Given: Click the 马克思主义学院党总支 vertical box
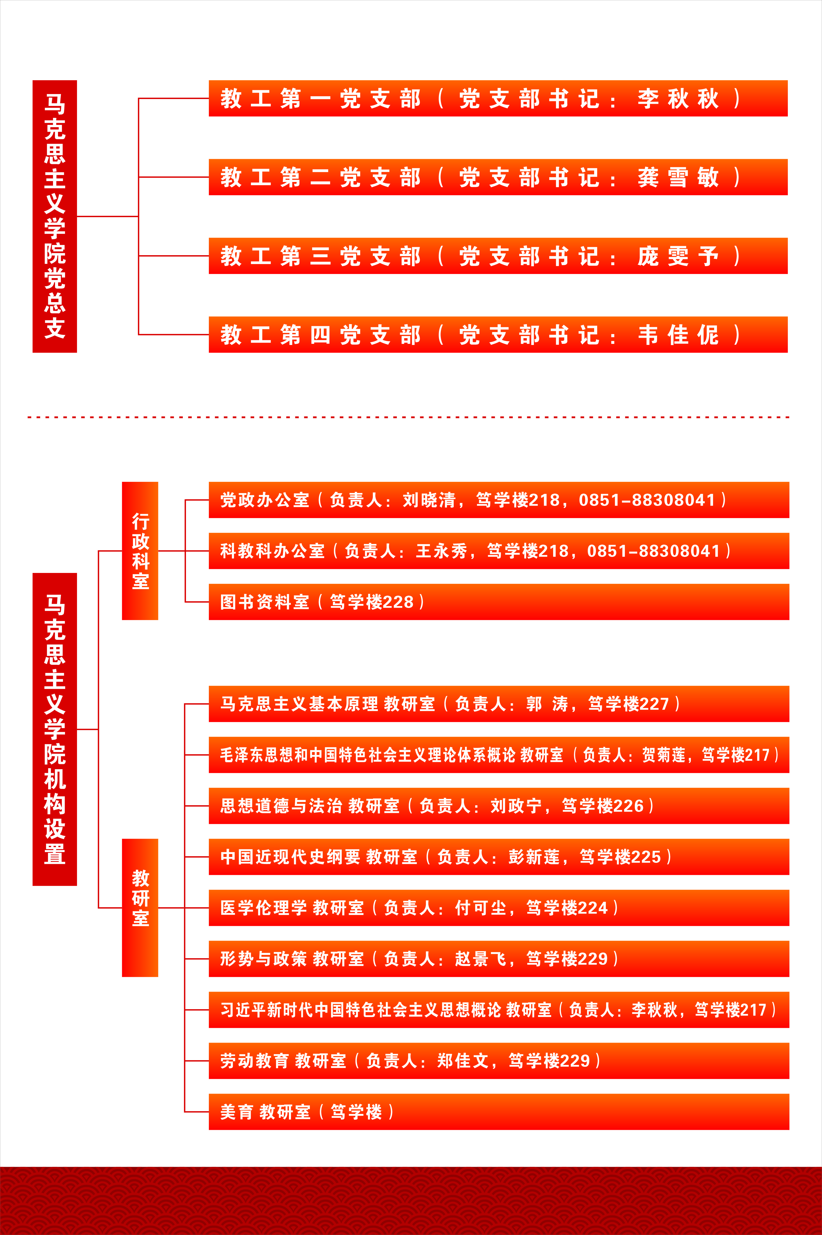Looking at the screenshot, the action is tap(55, 216).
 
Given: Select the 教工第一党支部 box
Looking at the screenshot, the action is tap(498, 98).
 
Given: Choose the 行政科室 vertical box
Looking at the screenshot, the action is tap(140, 551).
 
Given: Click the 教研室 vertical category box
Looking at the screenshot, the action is tap(140, 908).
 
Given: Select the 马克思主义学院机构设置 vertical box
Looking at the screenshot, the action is tap(55, 729).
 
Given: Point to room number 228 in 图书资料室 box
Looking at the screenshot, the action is tap(398, 602).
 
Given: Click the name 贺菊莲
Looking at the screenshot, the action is tap(664, 755).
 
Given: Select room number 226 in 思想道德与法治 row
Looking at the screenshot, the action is tap(628, 806).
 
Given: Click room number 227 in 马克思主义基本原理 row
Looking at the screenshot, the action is tap(654, 704).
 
